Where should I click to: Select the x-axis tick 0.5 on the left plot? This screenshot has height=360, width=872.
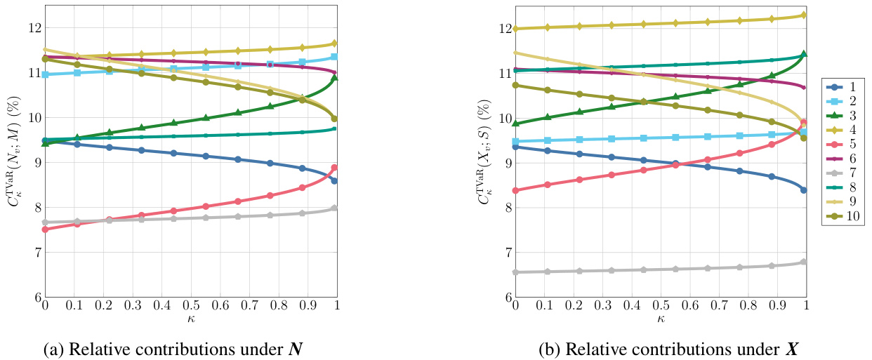coord(191,306)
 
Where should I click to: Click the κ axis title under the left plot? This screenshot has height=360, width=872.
coord(190,319)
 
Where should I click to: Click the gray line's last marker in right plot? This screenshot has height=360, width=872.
coord(804,262)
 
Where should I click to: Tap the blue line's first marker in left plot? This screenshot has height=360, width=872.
coord(46,140)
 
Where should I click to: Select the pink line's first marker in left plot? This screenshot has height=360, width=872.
coord(46,229)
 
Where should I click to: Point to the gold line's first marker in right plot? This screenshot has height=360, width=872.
coord(516,29)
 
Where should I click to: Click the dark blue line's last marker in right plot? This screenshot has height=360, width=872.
coord(804,189)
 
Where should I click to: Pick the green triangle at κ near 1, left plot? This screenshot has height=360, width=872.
coord(334,78)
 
